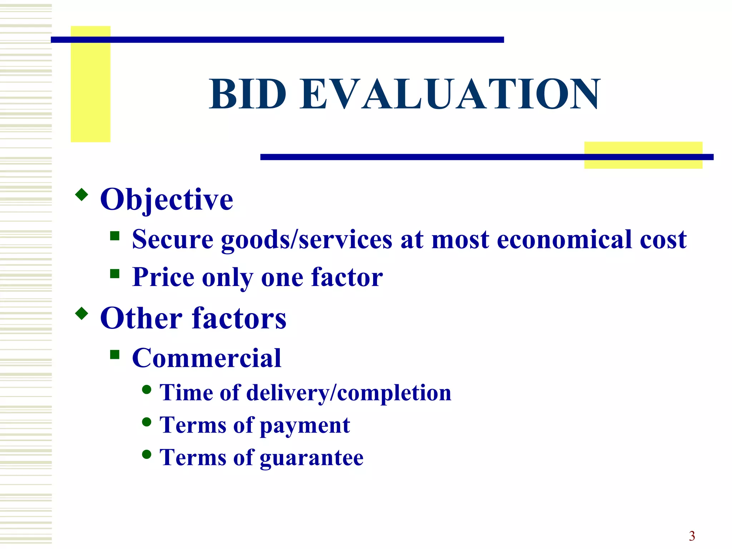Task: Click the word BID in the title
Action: coord(248,94)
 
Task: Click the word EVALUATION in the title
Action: coord(450,94)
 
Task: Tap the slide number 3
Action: coord(692,536)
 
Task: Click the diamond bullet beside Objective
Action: coord(82,194)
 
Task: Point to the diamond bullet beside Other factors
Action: coord(82,313)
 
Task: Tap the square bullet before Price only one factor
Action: coord(115,274)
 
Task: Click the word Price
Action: coord(163,277)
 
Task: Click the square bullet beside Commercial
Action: coord(115,354)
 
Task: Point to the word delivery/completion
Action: coord(348,393)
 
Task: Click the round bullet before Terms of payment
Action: coord(147,422)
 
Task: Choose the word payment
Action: coord(305,426)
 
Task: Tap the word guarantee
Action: coord(311,458)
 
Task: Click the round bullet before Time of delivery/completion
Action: coord(147,389)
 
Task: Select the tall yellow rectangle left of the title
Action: coord(90,84)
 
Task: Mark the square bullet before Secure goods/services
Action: coord(115,236)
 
